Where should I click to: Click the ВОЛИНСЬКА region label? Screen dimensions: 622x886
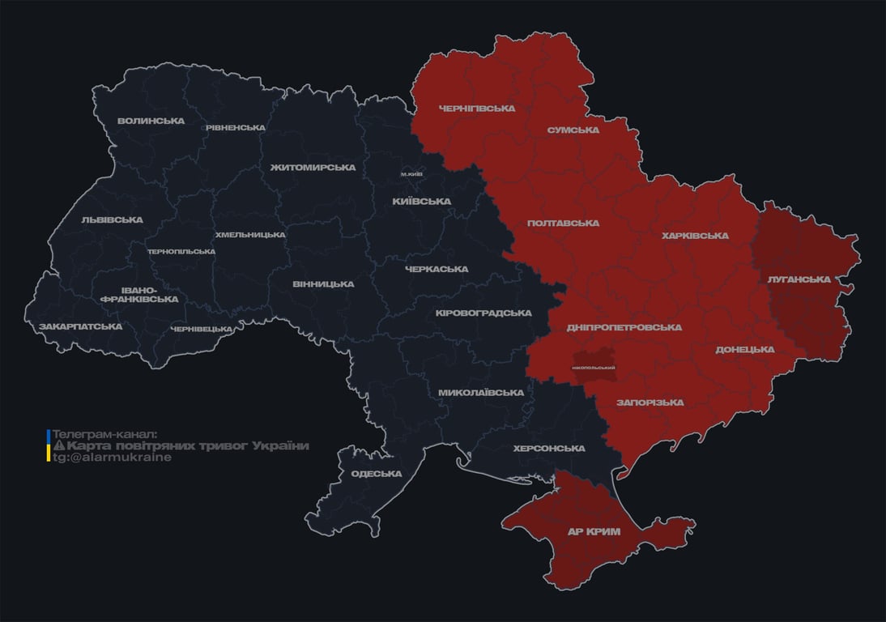tap(151, 121)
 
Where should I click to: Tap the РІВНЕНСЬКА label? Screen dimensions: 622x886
tap(236, 128)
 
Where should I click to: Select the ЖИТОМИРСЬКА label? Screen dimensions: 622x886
tap(313, 168)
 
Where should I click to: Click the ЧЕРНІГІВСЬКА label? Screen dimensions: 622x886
tap(476, 109)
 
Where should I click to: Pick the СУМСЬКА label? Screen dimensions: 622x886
tap(573, 130)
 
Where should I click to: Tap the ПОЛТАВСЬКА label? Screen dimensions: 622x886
tap(563, 223)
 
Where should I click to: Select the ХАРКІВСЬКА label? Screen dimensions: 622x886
tap(695, 236)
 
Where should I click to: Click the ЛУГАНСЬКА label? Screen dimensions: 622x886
tap(799, 279)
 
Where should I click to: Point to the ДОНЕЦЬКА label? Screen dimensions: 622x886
tap(744, 350)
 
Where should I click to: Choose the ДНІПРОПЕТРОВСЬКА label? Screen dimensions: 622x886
tap(624, 328)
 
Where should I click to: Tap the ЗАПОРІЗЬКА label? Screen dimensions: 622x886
tap(650, 403)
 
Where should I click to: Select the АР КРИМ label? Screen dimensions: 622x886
tap(594, 532)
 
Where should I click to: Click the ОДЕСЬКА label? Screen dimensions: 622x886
tap(377, 474)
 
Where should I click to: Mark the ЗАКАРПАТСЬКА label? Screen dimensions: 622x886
tap(80, 326)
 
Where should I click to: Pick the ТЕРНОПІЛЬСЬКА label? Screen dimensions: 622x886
tap(181, 251)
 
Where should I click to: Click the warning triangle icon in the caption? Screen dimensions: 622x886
tap(58, 446)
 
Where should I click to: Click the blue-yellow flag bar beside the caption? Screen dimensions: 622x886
tap(49, 446)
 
